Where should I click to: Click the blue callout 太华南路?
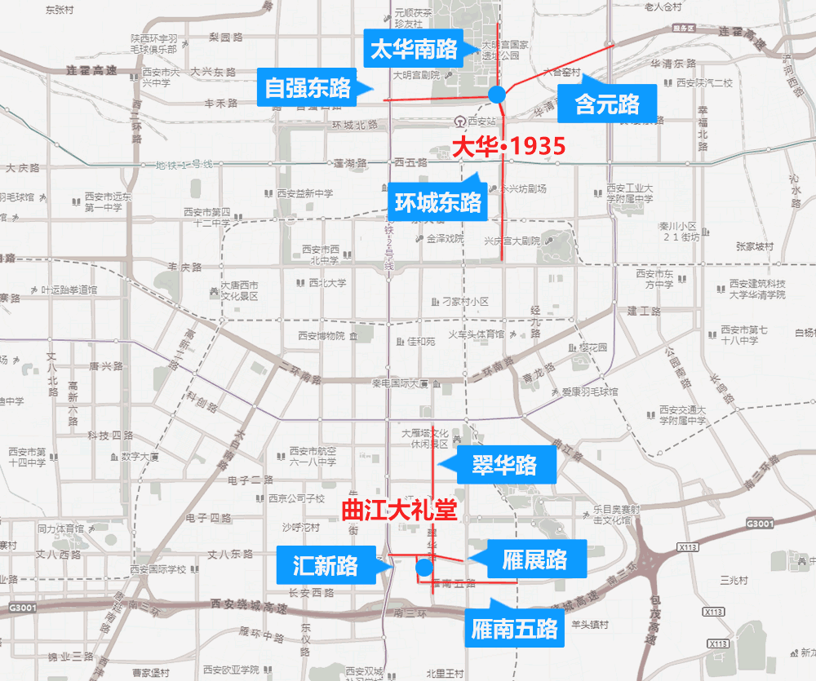[414, 50]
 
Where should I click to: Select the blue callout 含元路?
[607, 104]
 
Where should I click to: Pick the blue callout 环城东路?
[437, 201]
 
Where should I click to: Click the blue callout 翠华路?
[503, 465]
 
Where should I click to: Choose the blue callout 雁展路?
[534, 559]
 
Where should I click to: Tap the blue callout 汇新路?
[325, 565]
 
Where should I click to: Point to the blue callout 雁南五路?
[515, 629]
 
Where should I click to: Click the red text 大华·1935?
[508, 147]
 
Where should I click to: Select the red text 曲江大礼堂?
[397, 512]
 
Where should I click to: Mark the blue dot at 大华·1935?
[497, 95]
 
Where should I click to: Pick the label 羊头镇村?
[590, 625]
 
